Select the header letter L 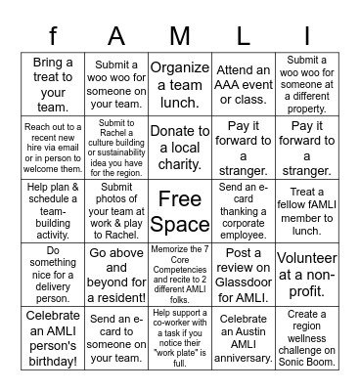click(x=245, y=36)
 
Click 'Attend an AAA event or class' click(x=245, y=84)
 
